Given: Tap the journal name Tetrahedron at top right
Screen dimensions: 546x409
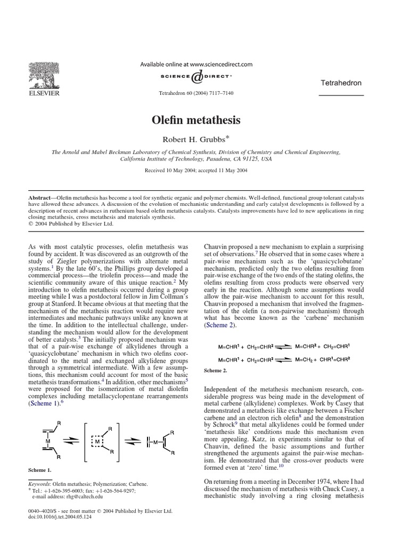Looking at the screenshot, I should click(x=341, y=83).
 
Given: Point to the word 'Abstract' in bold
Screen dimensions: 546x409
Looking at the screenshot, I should click(x=42, y=197).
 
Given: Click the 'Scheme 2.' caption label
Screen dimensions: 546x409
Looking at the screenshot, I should click(x=215, y=370).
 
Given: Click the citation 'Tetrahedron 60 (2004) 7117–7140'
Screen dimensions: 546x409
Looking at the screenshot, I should click(x=197, y=93).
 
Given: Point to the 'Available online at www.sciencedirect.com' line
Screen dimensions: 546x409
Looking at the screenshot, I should click(x=196, y=64).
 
